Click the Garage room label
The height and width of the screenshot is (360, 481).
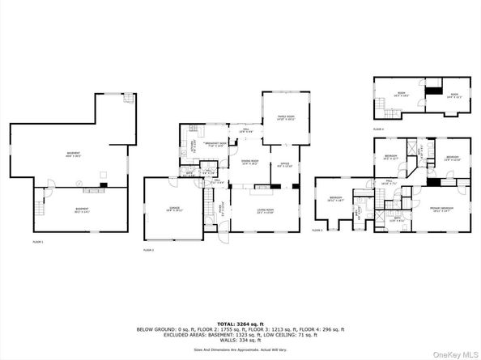pyautogui.click(x=170, y=209)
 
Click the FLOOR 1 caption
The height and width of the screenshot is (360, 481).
pyautogui.click(x=38, y=242)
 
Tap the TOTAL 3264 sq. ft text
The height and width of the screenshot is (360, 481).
pyautogui.click(x=240, y=322)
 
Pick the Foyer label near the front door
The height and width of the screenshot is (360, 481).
pyautogui.click(x=222, y=207)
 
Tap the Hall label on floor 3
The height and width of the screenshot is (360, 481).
pyautogui.click(x=389, y=182)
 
